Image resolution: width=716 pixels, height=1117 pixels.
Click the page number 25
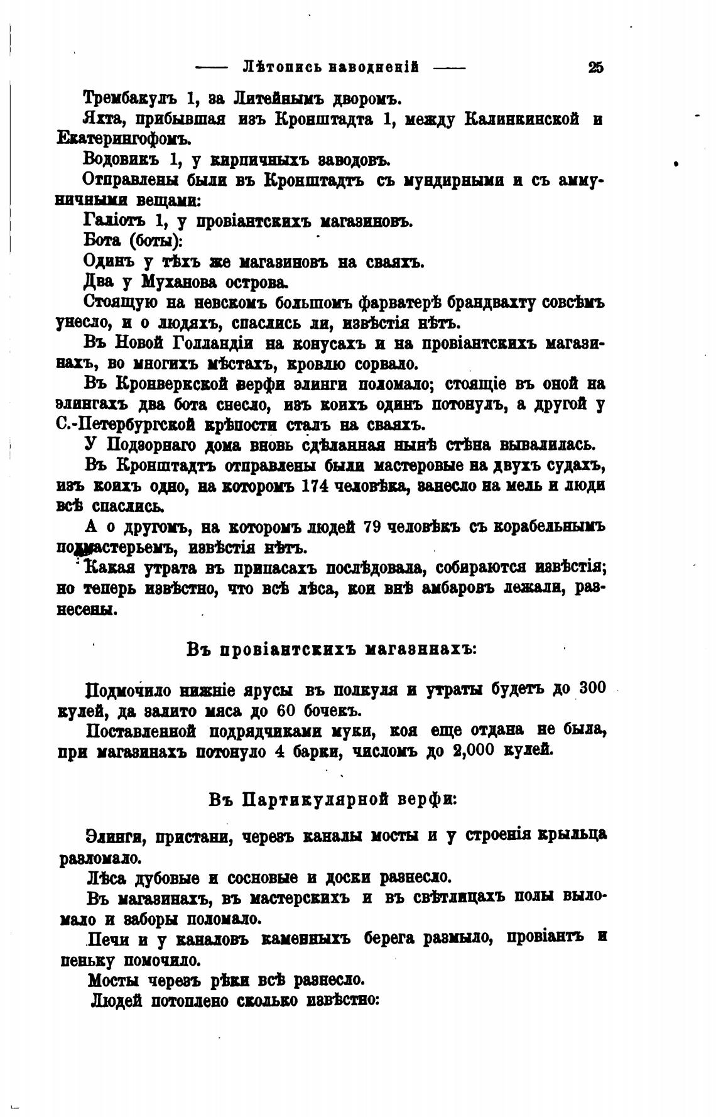595,67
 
